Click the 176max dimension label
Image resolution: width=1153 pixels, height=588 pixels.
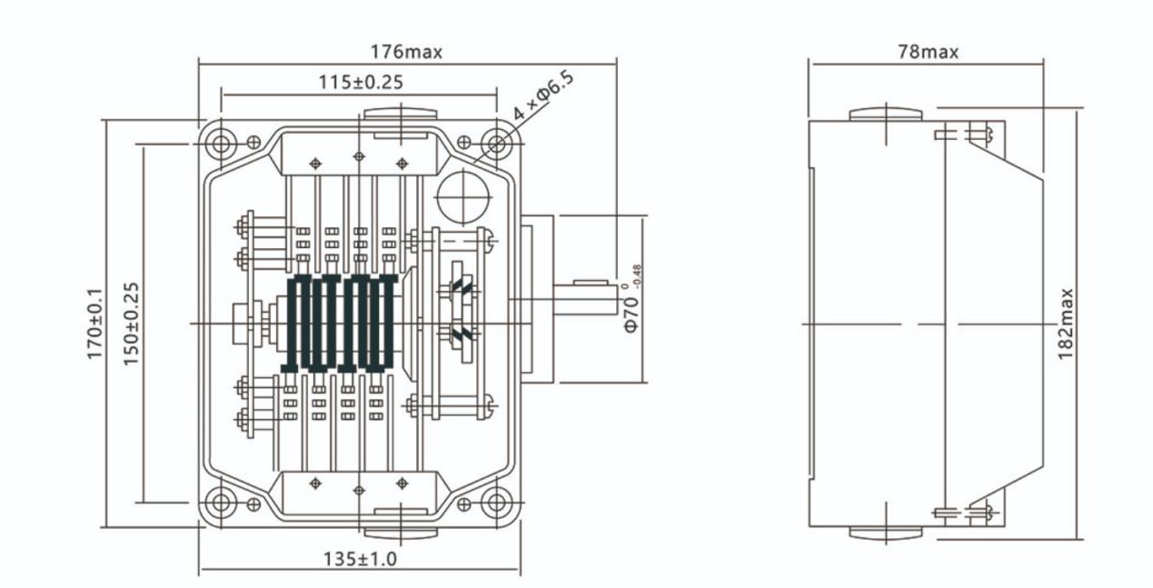405,52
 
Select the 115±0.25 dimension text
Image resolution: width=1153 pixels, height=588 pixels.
361,82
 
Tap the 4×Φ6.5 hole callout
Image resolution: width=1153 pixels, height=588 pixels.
543,97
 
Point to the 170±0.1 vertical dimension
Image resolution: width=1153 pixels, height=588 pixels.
94,324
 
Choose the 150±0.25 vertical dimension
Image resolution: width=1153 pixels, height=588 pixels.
130,324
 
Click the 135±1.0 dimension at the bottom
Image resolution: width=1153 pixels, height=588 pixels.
360,558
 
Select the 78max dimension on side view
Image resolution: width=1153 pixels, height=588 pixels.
928,52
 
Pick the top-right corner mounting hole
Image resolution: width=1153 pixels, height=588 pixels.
497,143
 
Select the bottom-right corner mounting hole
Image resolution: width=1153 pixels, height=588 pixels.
497,502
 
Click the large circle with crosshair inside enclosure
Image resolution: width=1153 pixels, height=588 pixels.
463,194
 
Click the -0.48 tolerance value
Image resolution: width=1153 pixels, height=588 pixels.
637,275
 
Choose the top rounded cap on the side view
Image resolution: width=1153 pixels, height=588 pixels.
885,115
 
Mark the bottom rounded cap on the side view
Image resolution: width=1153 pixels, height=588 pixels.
885,533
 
